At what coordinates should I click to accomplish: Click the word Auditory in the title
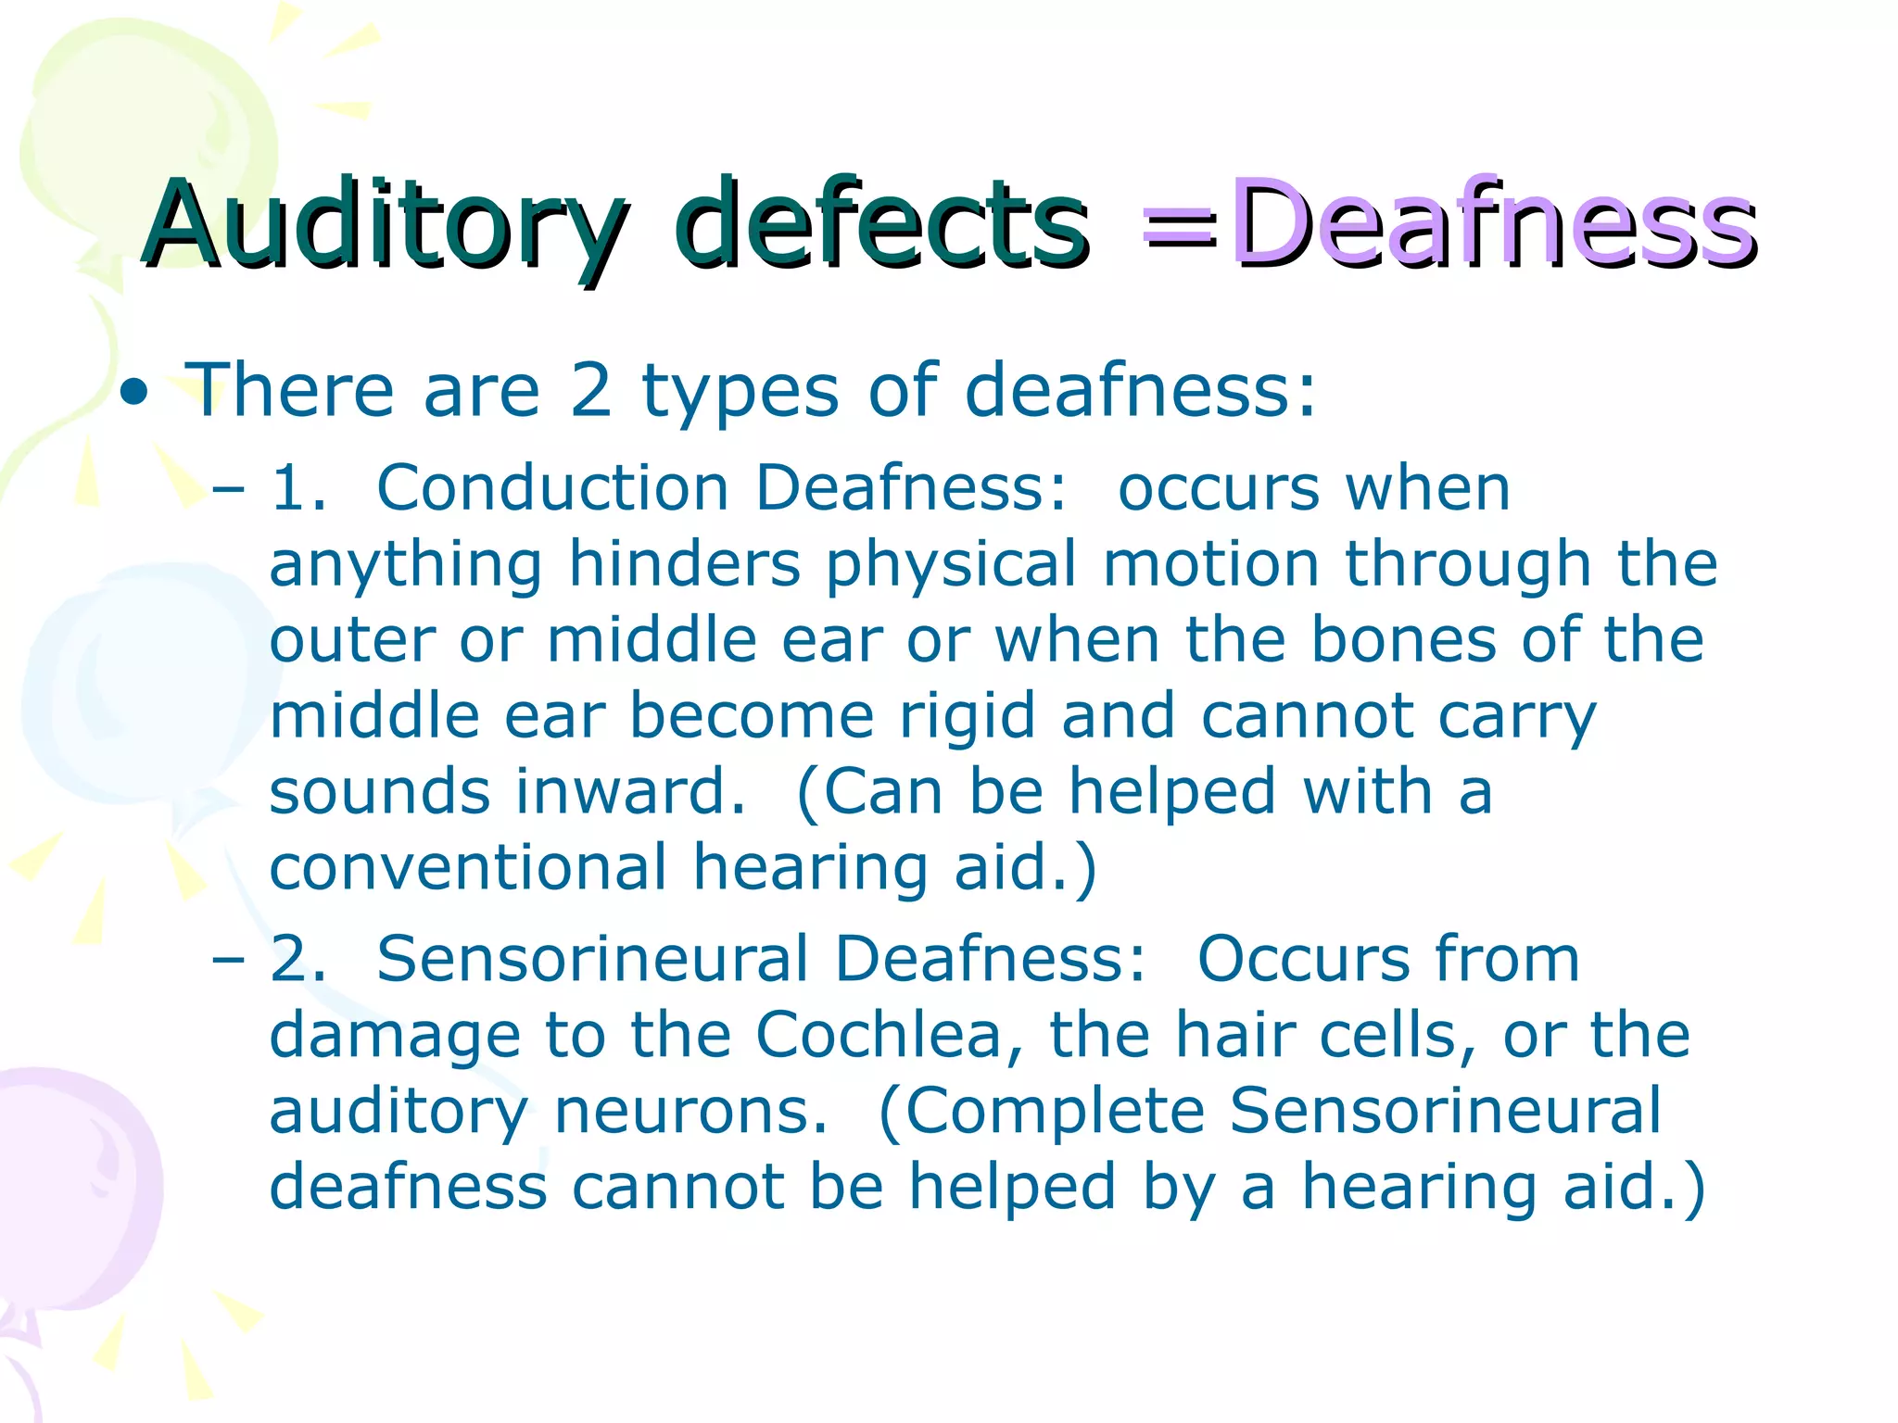[x=385, y=225]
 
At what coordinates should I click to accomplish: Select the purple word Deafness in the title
[x=1492, y=225]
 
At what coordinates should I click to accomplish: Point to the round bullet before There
[x=135, y=393]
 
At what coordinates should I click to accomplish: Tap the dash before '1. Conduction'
[x=228, y=489]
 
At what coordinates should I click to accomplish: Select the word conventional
[x=468, y=868]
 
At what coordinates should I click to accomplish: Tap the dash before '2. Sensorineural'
[x=228, y=960]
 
